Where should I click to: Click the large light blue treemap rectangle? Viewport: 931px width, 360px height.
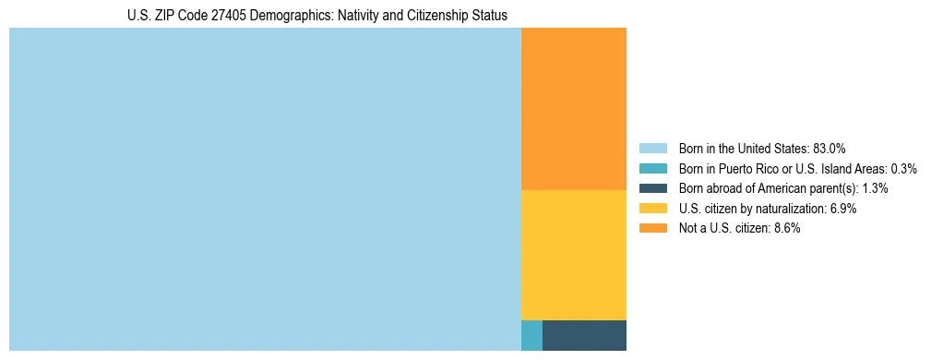coord(265,189)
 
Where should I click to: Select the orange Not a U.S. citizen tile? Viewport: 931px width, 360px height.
coord(574,109)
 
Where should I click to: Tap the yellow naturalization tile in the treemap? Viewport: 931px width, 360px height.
coord(574,255)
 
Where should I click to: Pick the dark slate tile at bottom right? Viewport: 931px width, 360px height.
coord(584,335)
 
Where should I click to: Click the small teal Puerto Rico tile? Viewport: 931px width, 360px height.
coord(531,335)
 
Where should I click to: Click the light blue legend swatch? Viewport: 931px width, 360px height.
coord(652,148)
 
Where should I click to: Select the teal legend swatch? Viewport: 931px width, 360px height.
coord(652,168)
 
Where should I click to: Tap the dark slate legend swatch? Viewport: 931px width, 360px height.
coord(652,188)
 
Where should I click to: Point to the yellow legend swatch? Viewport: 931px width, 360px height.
coord(652,209)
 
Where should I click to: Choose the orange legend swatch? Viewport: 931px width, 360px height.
coord(652,228)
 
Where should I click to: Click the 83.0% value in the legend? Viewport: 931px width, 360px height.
coord(830,148)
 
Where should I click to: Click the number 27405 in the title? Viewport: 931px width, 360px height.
coord(218,16)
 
